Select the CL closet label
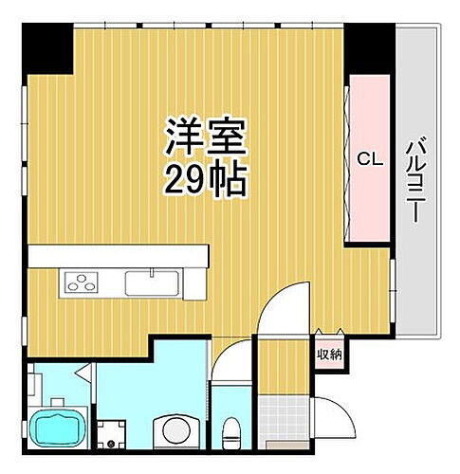[x=369, y=160]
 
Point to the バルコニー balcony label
[x=414, y=180]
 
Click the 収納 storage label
[x=328, y=355]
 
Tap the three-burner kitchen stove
[x=82, y=282]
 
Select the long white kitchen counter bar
[x=118, y=256]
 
